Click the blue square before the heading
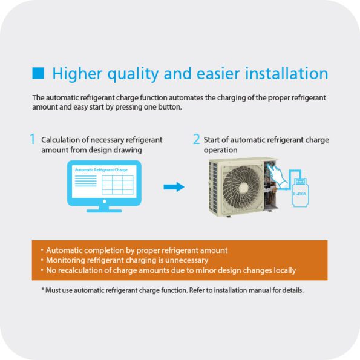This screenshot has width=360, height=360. [38, 73]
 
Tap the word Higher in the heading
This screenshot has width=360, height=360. [77, 74]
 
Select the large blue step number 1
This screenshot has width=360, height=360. [33, 139]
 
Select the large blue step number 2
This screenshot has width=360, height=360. [196, 139]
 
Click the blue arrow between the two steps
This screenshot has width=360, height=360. [174, 187]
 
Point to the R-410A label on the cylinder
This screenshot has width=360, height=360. [299, 194]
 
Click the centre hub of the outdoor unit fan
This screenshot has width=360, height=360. [244, 188]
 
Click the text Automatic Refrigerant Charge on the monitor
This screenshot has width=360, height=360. [101, 170]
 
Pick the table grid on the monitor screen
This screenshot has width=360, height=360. [117, 185]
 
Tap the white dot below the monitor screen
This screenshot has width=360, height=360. [105, 201]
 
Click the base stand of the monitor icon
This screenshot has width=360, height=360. [104, 209]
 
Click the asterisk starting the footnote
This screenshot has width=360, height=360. [43, 289]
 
